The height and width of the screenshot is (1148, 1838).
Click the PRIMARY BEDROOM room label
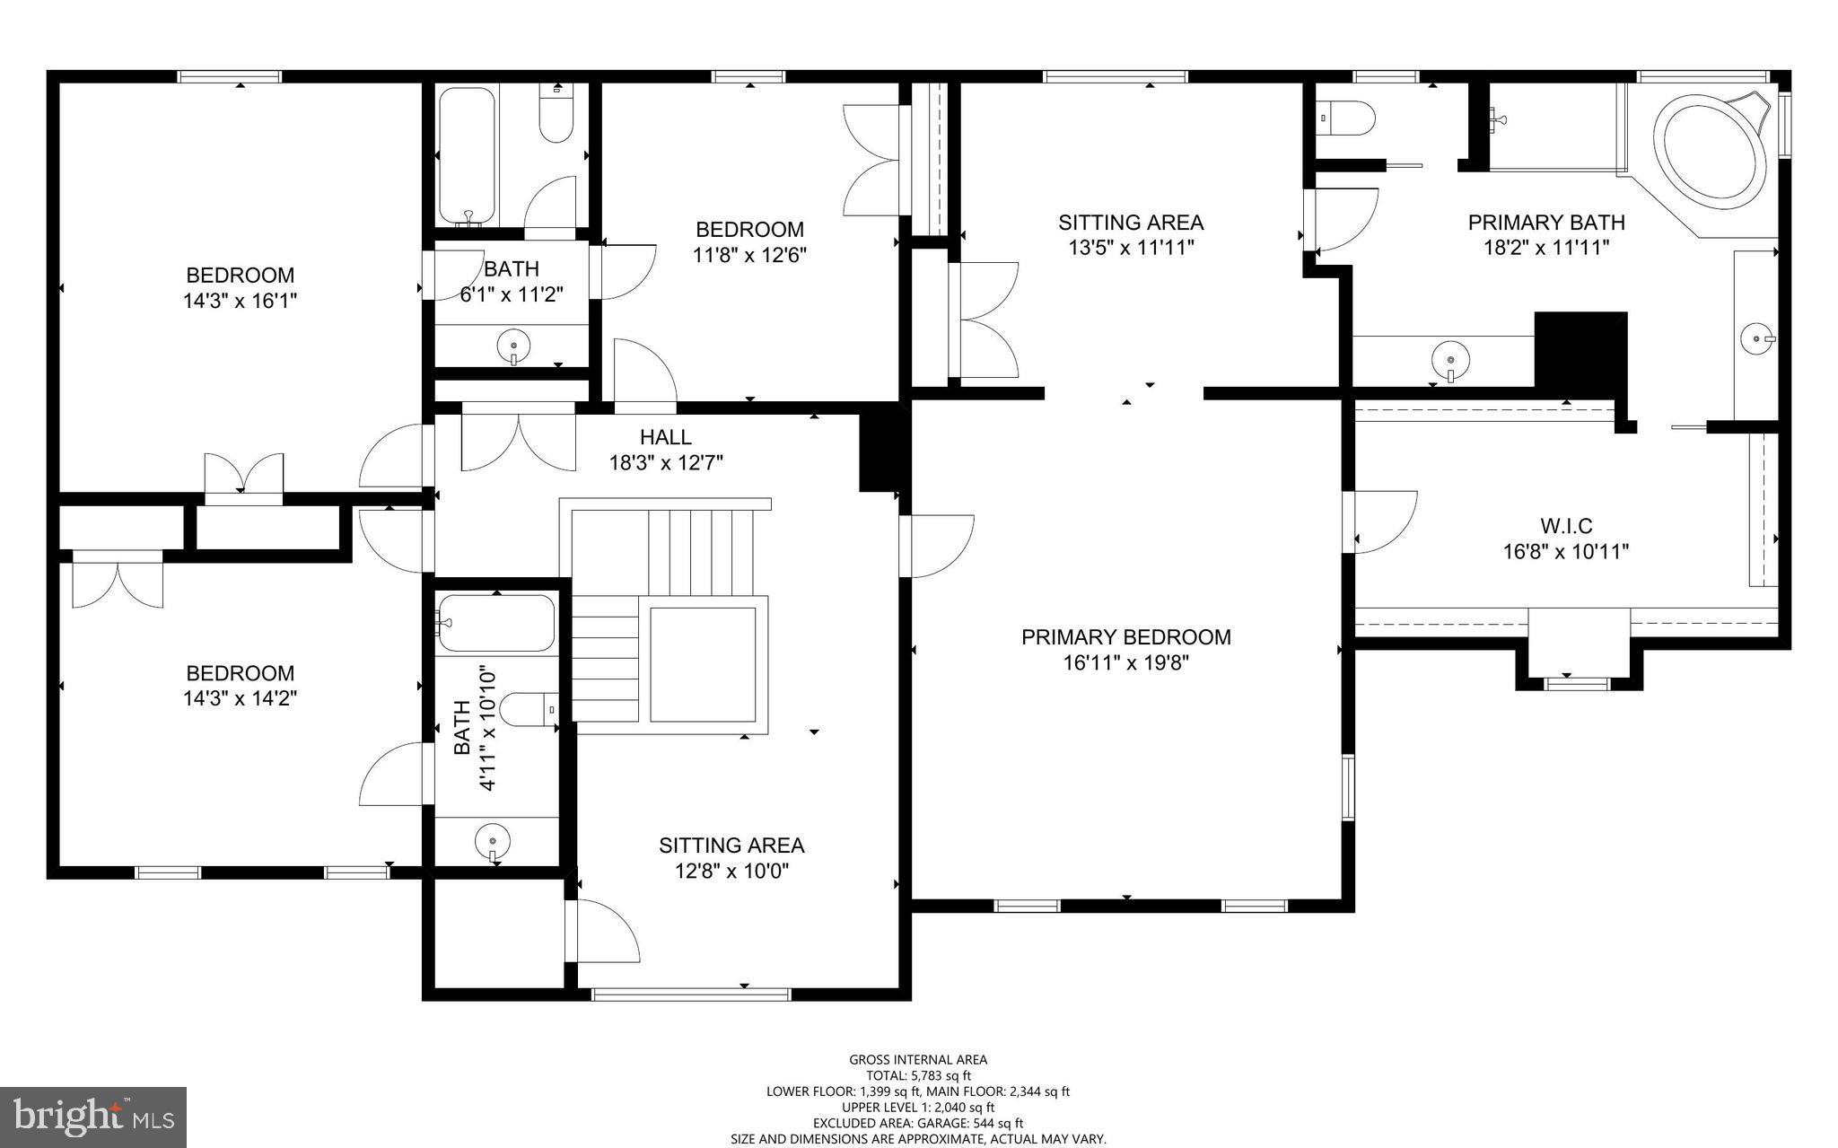pos(1125,637)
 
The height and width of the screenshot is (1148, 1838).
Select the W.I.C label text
pos(1566,526)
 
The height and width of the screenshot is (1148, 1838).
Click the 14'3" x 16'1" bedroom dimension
pos(240,301)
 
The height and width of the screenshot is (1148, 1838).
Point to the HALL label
pos(665,437)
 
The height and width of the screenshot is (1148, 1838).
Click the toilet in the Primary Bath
pos(1348,118)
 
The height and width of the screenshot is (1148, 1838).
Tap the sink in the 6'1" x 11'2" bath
pos(513,345)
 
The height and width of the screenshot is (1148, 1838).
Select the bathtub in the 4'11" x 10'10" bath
pos(495,622)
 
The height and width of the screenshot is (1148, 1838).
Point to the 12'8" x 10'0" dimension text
pos(731,871)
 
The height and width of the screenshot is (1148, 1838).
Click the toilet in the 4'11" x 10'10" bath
pos(529,709)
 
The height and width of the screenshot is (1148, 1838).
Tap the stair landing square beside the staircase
pos(703,663)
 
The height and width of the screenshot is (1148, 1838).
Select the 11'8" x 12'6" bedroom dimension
pos(749,255)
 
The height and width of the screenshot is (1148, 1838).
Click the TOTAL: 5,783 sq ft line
pos(918,1075)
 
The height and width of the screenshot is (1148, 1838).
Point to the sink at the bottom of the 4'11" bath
pos(492,841)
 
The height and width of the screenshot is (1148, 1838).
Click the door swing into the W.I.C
pos(1382,521)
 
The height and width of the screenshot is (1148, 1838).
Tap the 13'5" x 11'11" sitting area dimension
pos(1130,248)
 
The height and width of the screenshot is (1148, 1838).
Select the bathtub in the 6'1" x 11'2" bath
pos(466,154)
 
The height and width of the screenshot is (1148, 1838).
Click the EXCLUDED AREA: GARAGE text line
pos(918,1123)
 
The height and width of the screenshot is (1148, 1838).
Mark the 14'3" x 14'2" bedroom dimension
pos(240,698)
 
